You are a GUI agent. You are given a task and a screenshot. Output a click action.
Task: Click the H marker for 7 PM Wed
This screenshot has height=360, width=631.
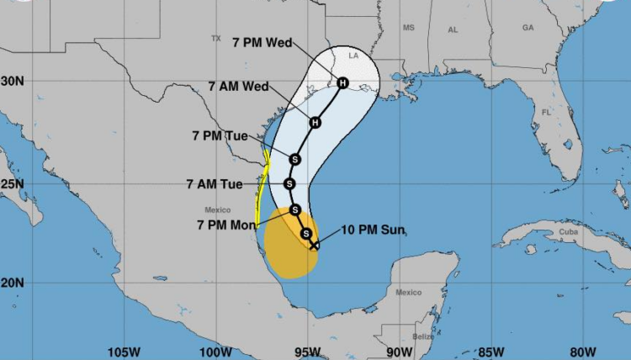tap(342, 82)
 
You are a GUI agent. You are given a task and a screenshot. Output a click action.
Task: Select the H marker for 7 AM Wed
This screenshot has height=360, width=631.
tap(315, 123)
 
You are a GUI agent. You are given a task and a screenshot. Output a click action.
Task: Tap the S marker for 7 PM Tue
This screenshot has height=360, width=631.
tap(295, 159)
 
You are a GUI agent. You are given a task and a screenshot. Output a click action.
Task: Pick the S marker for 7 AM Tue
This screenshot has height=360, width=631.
tap(289, 183)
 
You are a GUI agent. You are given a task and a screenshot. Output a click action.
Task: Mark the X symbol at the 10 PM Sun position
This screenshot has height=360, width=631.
tap(314, 246)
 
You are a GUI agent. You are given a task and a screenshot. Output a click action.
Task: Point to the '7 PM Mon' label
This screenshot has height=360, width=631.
tap(228, 225)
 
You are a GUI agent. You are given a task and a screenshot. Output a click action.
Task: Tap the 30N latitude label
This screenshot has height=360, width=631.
tap(13, 81)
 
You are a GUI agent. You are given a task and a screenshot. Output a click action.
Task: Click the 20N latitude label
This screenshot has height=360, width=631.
tap(13, 283)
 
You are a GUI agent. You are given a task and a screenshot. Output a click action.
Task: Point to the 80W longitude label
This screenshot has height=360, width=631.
tap(582, 351)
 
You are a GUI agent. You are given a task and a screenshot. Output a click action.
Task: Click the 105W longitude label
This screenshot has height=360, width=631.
tap(123, 351)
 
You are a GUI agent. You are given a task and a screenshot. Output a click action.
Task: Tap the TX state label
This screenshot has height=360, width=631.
tap(215, 38)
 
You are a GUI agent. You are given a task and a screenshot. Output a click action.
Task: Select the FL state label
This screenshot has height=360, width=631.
tap(546, 112)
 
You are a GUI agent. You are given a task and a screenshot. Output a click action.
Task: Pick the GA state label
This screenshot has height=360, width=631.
tap(528, 28)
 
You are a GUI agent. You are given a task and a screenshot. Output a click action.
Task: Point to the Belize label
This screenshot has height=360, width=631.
tap(423, 336)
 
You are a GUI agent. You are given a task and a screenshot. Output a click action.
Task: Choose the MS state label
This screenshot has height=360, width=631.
tap(409, 28)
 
